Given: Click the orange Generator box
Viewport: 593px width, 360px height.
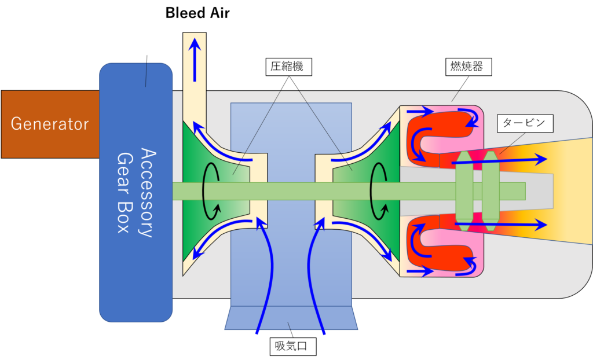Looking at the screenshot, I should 49,124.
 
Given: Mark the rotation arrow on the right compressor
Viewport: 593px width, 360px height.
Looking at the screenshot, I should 379,191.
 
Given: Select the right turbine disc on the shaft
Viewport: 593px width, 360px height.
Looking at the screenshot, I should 489,190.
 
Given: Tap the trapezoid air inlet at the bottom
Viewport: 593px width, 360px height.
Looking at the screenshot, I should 290,318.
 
